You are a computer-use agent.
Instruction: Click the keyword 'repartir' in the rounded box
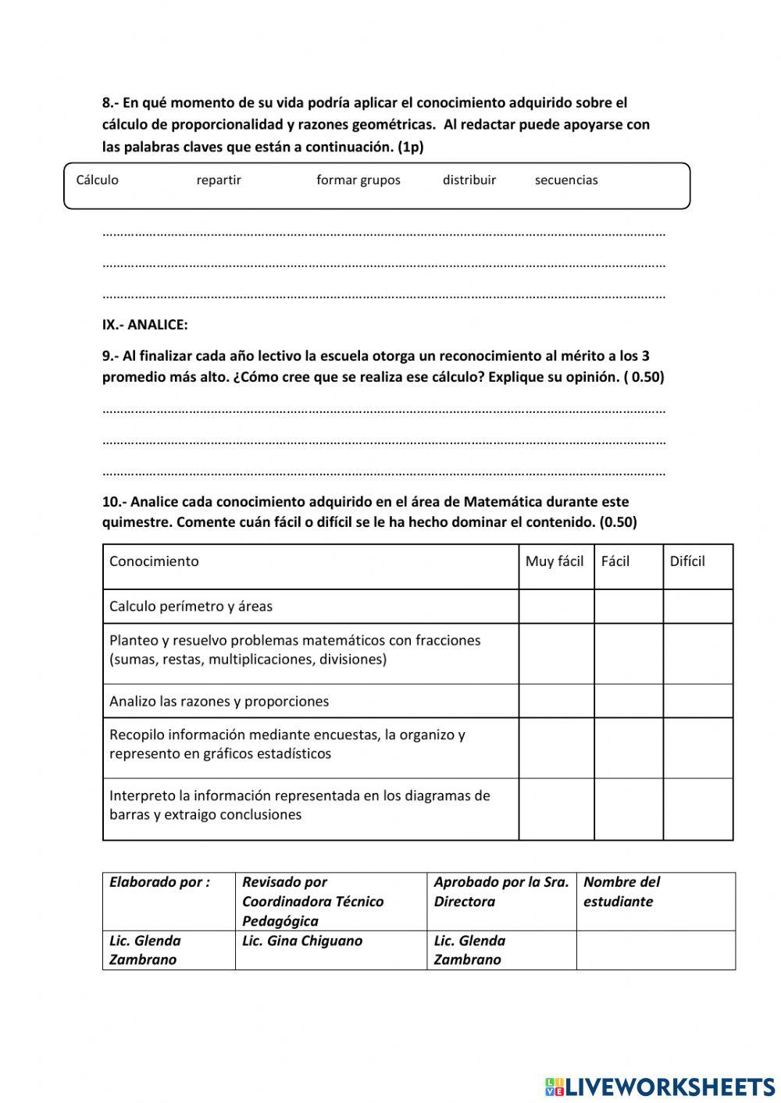(x=219, y=180)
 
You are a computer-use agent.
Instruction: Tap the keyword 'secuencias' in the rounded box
(x=566, y=180)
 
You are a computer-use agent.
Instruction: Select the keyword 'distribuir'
(x=469, y=180)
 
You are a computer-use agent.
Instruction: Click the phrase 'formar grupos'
(x=358, y=180)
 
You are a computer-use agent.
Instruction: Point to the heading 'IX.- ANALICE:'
(x=144, y=325)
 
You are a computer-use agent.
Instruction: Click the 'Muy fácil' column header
(x=555, y=561)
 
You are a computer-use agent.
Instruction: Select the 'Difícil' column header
(x=687, y=561)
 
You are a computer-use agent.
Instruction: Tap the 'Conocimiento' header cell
(x=154, y=561)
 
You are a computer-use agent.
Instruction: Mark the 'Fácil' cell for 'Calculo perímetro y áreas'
(x=628, y=607)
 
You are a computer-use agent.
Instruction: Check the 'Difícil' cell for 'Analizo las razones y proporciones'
(x=697, y=701)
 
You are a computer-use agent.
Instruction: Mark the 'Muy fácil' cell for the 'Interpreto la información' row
(x=556, y=809)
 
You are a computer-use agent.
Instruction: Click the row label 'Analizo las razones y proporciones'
(x=219, y=701)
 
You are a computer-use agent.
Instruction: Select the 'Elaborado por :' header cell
(x=159, y=882)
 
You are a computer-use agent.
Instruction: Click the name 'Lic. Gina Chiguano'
(x=301, y=941)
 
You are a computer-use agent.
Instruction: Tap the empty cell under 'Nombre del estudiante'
(x=655, y=950)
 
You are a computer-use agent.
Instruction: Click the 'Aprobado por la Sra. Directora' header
(x=501, y=891)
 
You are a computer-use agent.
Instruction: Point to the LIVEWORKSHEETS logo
(x=660, y=1086)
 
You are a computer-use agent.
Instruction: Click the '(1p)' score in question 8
(x=411, y=147)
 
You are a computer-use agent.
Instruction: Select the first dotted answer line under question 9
(x=383, y=410)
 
